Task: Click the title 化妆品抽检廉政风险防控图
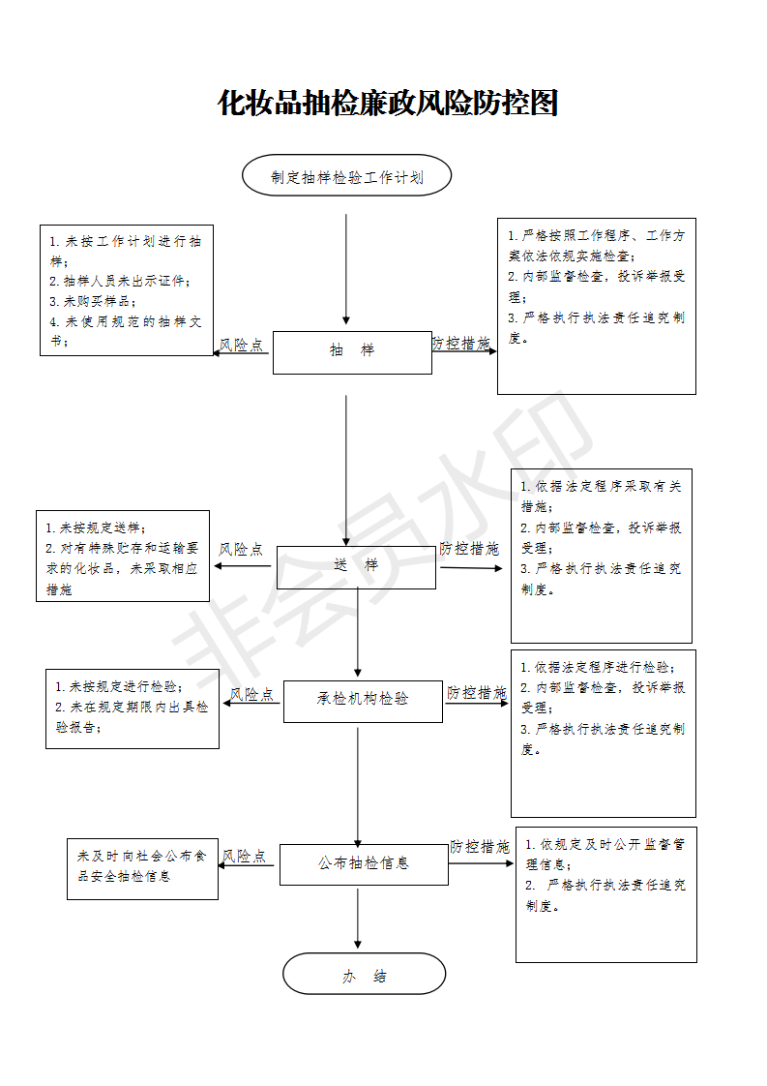point(388,104)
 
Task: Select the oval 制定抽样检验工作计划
point(347,176)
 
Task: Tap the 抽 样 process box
point(352,352)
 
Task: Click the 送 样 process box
point(357,567)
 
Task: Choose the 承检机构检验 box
point(363,701)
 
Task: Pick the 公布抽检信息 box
point(364,864)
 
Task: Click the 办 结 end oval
point(364,974)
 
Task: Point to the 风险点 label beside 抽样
point(242,345)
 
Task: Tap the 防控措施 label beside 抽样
point(461,343)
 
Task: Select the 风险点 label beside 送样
point(241,549)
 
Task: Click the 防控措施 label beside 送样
point(469,549)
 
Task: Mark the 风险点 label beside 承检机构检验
point(252,694)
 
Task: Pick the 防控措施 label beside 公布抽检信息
point(480,846)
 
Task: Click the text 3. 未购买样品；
point(93,301)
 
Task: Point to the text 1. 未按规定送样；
point(96,528)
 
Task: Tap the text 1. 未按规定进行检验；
point(119,686)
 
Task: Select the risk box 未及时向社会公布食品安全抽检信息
point(142,869)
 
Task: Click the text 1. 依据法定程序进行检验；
point(598,667)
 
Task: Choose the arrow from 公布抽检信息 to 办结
point(358,919)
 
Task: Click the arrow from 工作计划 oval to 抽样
point(346,269)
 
